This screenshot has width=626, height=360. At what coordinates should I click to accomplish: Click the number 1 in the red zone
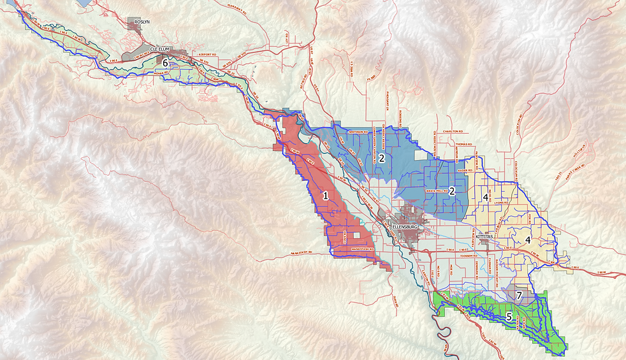pyautogui.click(x=325, y=196)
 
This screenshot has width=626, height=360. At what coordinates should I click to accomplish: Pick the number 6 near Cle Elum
pyautogui.click(x=165, y=64)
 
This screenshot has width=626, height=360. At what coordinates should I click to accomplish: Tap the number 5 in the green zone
pyautogui.click(x=509, y=315)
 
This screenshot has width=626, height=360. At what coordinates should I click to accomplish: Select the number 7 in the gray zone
pyautogui.click(x=520, y=296)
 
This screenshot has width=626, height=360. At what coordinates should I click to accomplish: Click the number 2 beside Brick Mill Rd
pyautogui.click(x=451, y=191)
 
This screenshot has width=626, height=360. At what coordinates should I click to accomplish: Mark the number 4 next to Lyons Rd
pyautogui.click(x=486, y=198)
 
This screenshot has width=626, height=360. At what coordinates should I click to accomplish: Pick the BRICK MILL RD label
pyautogui.click(x=437, y=191)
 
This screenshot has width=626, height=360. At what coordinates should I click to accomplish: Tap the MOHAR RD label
pyautogui.click(x=164, y=73)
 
